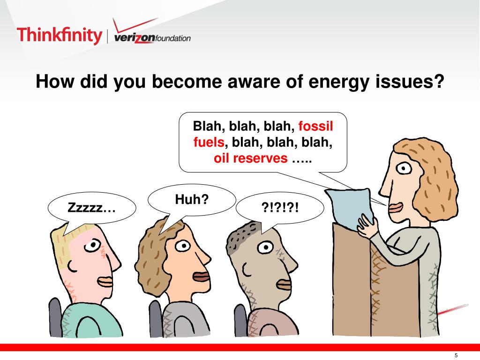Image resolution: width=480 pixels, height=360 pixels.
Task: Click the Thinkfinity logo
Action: coord(59,35)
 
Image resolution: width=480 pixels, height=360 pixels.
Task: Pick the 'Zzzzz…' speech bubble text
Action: coord(91,208)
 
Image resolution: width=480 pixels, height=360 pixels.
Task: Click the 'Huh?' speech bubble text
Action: coord(191,200)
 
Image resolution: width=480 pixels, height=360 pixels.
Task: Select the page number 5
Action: coord(455,355)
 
